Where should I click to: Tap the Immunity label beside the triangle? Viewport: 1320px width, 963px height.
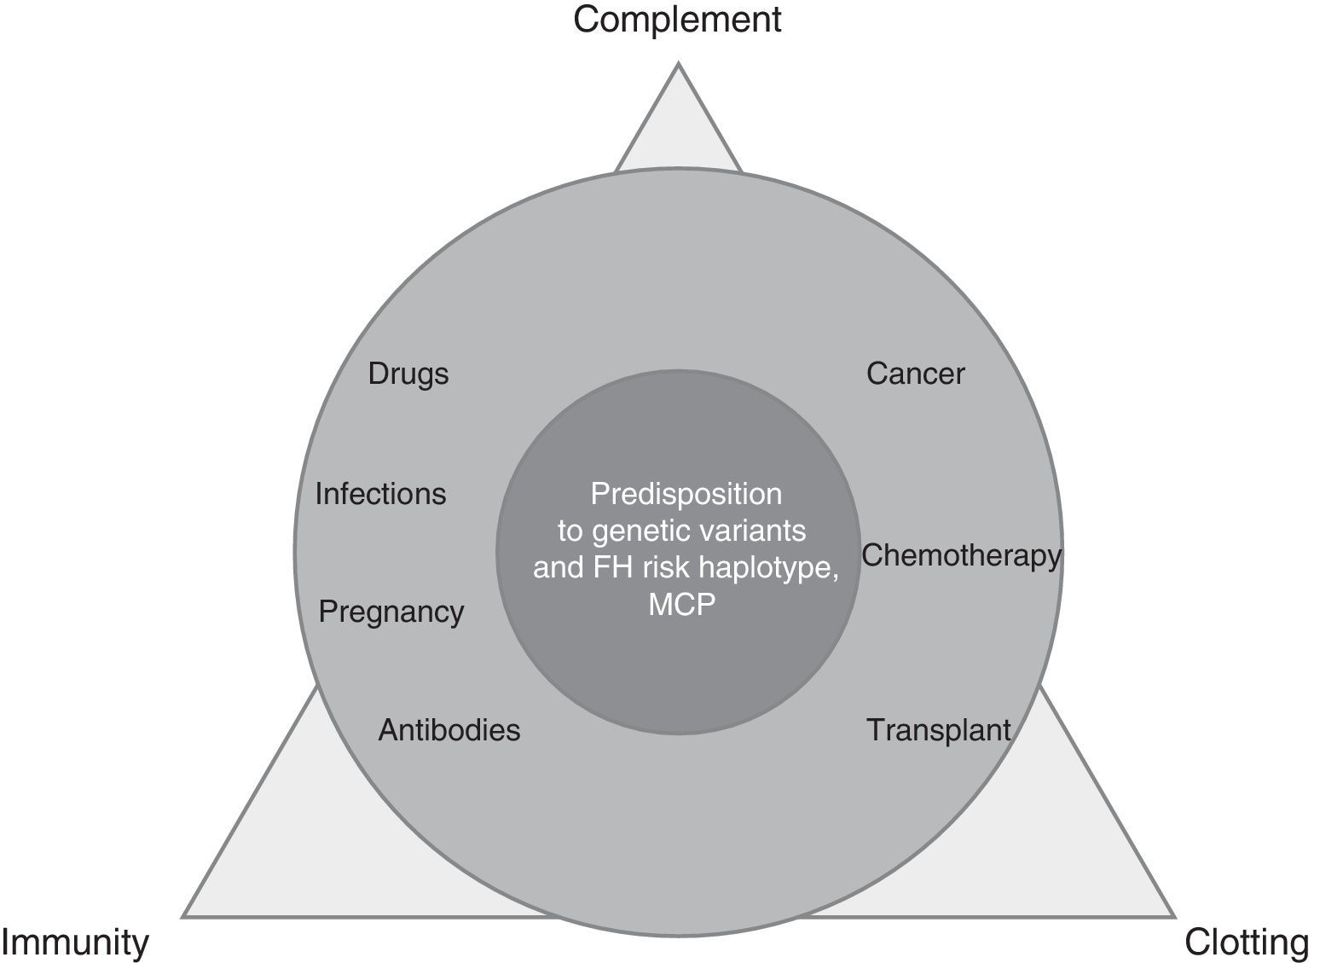75,943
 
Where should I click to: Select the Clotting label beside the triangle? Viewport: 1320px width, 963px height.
1247,943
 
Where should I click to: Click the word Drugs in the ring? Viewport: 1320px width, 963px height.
408,374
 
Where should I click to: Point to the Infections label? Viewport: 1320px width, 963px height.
380,494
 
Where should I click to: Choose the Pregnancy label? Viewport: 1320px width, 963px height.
391,612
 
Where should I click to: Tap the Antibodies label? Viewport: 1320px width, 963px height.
449,730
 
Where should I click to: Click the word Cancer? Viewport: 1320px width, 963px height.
915,374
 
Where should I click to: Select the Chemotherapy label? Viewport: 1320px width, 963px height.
961,555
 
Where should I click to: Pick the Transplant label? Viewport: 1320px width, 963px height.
939,730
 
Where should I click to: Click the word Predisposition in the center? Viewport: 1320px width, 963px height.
686,494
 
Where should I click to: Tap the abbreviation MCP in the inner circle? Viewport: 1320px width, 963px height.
682,605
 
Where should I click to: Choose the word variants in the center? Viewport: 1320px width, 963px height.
758,531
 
